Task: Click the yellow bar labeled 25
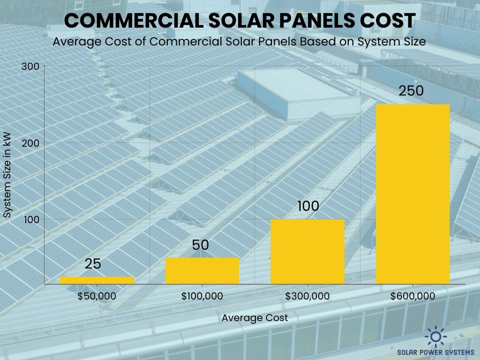97,280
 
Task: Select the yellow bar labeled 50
202,270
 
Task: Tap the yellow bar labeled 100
307,251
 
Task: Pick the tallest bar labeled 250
412,194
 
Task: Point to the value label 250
411,90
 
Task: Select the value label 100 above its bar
307,206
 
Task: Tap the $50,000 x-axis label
97,296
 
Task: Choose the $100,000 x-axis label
202,296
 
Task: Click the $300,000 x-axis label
307,296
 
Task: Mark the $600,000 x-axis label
412,296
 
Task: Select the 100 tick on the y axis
30,219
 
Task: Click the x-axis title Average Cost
255,318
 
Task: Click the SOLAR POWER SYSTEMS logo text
436,352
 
